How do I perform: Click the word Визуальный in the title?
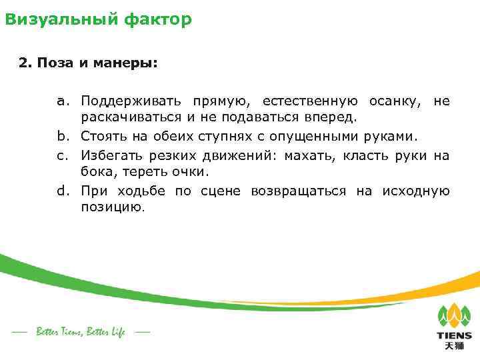[60, 19]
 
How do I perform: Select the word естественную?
[310, 102]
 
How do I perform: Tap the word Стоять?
[102, 137]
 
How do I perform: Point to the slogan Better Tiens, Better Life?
[81, 331]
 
